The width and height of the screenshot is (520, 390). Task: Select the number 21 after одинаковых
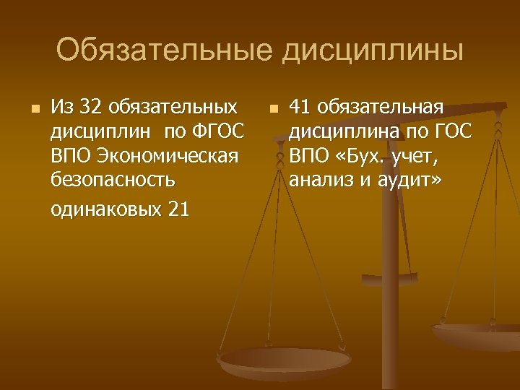coord(177,209)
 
